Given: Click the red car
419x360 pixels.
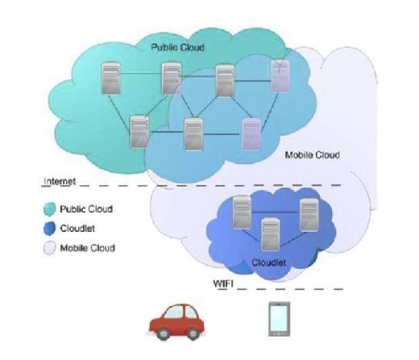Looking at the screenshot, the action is [176, 322].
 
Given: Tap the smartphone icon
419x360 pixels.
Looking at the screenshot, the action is [280, 319].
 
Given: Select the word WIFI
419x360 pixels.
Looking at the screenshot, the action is [223, 283].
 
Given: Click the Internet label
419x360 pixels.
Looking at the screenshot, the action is [60, 181].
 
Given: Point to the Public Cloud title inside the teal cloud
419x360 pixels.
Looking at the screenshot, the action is [177, 48].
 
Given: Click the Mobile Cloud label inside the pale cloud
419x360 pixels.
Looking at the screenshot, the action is [312, 155].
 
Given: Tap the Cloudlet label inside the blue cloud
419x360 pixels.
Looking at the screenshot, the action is [268, 263].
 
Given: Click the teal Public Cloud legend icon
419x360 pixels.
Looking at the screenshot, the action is [50, 209].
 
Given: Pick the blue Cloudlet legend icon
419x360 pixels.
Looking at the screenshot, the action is [50, 229].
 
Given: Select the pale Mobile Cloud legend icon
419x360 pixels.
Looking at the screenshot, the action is [50, 248].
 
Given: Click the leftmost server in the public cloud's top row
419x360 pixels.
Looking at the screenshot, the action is [110, 78].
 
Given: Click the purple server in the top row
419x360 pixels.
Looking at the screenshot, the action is [280, 76].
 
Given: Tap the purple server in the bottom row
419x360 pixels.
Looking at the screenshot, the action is [251, 134].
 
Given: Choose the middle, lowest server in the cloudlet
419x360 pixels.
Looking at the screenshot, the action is [271, 234].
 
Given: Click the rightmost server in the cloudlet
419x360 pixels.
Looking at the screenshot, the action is [309, 215].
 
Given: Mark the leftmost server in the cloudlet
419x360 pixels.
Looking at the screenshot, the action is [242, 213].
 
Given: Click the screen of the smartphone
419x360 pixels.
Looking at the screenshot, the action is [280, 318].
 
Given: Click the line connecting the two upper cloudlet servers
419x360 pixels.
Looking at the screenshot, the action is [276, 212].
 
